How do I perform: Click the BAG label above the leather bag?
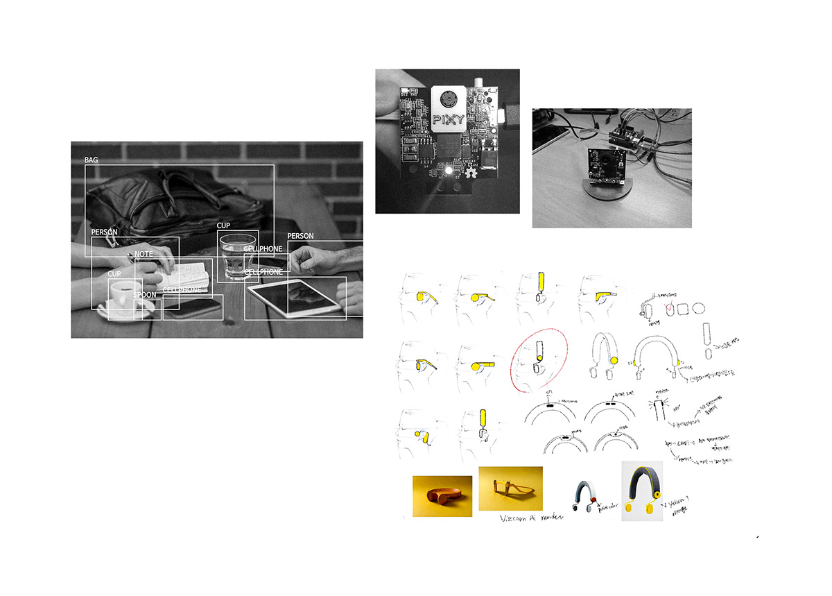click(92, 160)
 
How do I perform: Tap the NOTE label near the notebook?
click(144, 254)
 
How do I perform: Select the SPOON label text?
click(145, 296)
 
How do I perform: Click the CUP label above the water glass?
click(223, 226)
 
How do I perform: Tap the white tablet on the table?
click(295, 297)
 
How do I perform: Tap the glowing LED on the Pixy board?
click(449, 171)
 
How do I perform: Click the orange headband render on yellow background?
click(442, 496)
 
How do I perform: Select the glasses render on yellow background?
click(510, 490)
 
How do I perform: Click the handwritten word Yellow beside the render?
click(679, 504)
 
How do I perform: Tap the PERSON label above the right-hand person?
click(300, 236)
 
